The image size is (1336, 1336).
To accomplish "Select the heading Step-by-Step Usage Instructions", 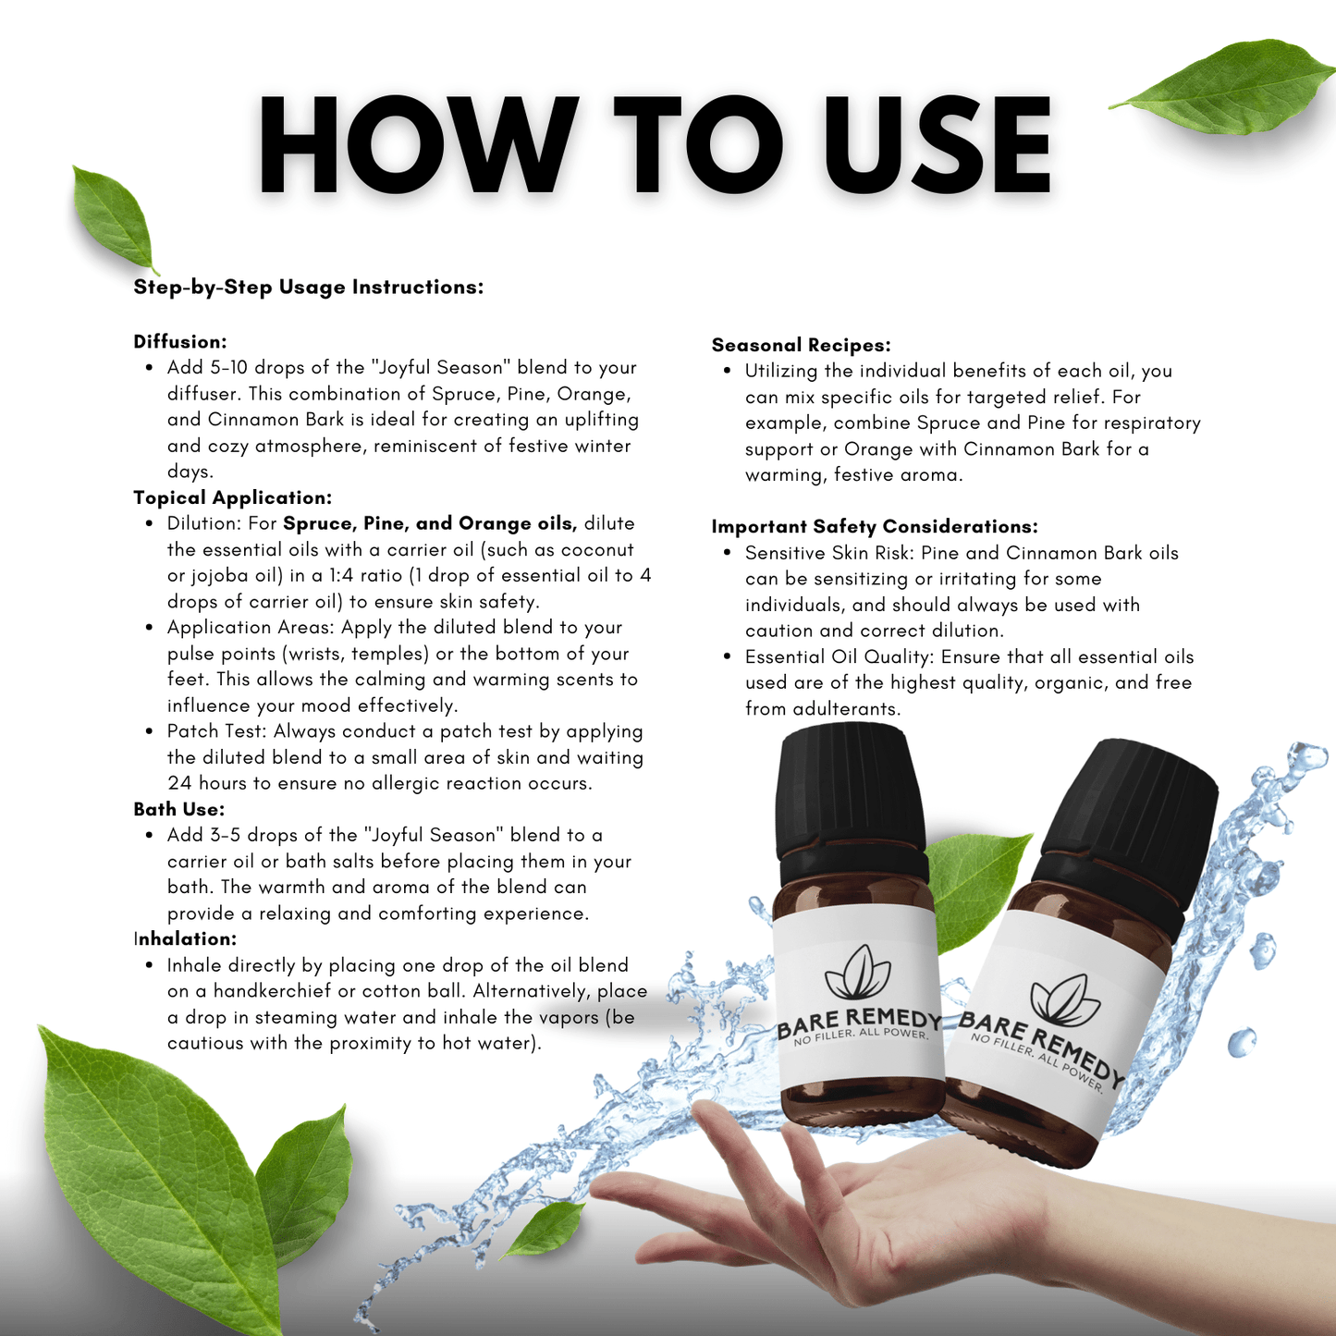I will pos(308,288).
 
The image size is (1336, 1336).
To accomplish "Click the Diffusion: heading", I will pos(180,342).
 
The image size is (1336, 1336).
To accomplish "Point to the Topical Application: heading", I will pos(232,498).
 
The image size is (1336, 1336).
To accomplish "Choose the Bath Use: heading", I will pos(179,810).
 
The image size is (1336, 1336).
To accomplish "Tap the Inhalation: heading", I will pos(186,939).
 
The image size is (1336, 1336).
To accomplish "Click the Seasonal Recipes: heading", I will pos(801,346).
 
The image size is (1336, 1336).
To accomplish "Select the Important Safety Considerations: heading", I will pos(874,527).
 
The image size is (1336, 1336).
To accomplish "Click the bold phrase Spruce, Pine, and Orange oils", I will pos(430,524).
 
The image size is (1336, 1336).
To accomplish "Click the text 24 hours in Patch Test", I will pos(207,784).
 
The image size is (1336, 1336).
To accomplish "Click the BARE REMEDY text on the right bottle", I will pos(1040,1045).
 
